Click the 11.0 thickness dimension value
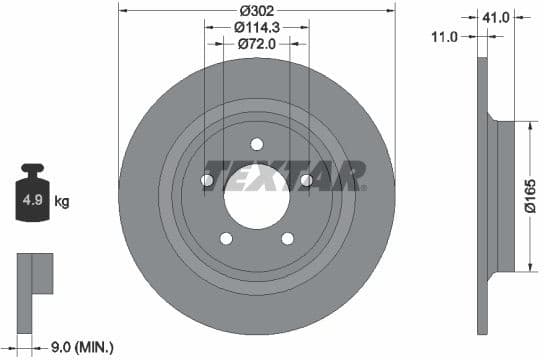pos(445,36)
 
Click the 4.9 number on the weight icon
pos(32,202)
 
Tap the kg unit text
pos(61,202)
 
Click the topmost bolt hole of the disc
pos(256,143)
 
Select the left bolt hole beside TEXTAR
pos(207,180)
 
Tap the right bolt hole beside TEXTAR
pos(305,180)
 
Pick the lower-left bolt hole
pos(225,237)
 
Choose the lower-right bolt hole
pos(287,237)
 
